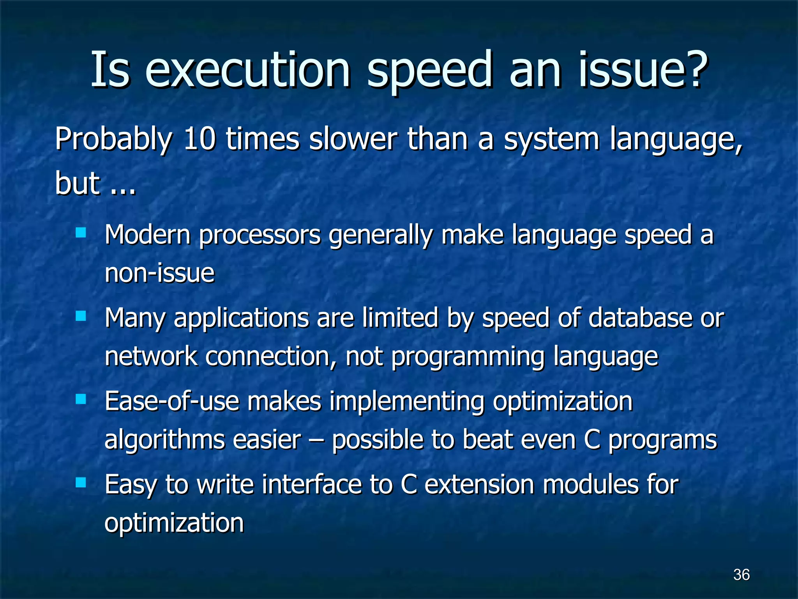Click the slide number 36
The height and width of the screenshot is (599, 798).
click(741, 574)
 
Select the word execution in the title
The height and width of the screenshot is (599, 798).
click(248, 70)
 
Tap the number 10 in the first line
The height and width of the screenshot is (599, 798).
click(199, 139)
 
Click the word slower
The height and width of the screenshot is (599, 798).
click(353, 139)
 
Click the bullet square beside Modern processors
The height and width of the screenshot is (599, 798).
click(81, 233)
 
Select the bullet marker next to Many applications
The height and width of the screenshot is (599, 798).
click(81, 316)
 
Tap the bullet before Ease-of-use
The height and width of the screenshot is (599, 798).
click(81, 399)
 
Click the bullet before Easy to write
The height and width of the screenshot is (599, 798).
click(81, 483)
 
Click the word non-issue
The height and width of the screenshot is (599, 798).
click(159, 273)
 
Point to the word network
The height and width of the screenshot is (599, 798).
click(151, 356)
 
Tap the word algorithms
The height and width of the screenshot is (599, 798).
click(164, 440)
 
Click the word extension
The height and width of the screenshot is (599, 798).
click(479, 484)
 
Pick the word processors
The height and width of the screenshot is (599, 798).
click(260, 236)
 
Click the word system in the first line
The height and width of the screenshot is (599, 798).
click(551, 140)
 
